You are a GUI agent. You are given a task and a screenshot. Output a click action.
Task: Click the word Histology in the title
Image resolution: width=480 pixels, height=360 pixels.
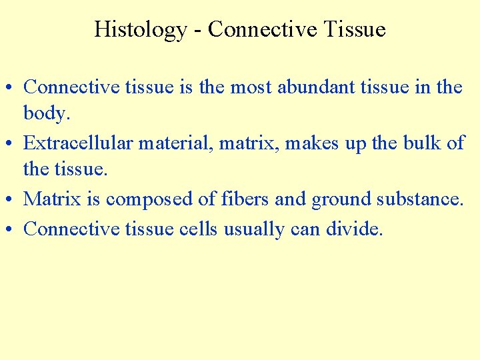pos(141,30)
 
